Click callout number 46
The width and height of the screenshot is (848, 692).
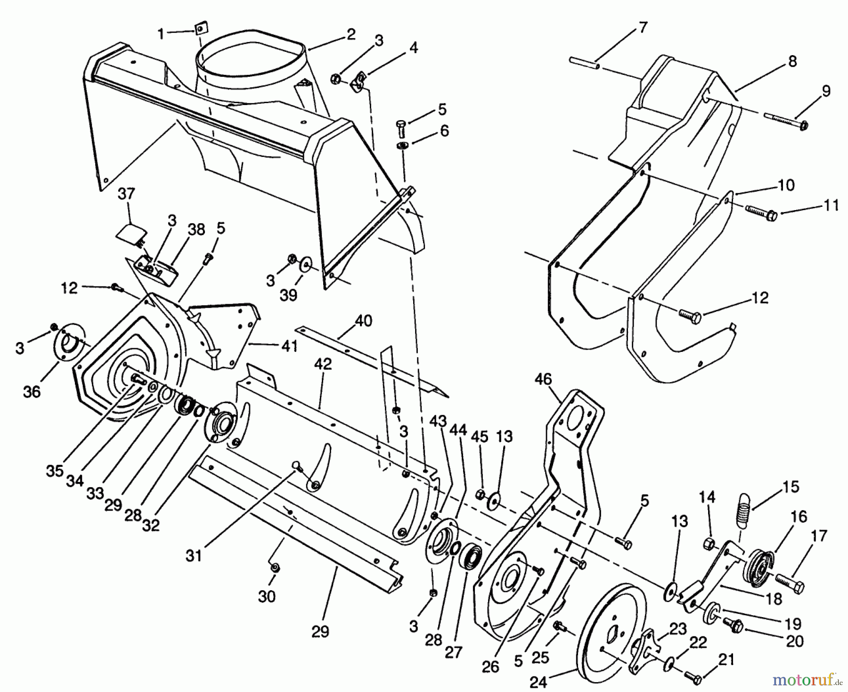(543, 380)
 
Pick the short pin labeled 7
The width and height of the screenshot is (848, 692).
(584, 63)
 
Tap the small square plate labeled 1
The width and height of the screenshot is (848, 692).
(201, 29)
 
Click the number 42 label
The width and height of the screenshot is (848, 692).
(323, 364)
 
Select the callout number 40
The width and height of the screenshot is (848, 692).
(363, 321)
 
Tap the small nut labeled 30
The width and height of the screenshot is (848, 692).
(276, 568)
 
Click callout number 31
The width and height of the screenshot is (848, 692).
(194, 556)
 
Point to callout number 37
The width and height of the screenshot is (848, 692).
(126, 194)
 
